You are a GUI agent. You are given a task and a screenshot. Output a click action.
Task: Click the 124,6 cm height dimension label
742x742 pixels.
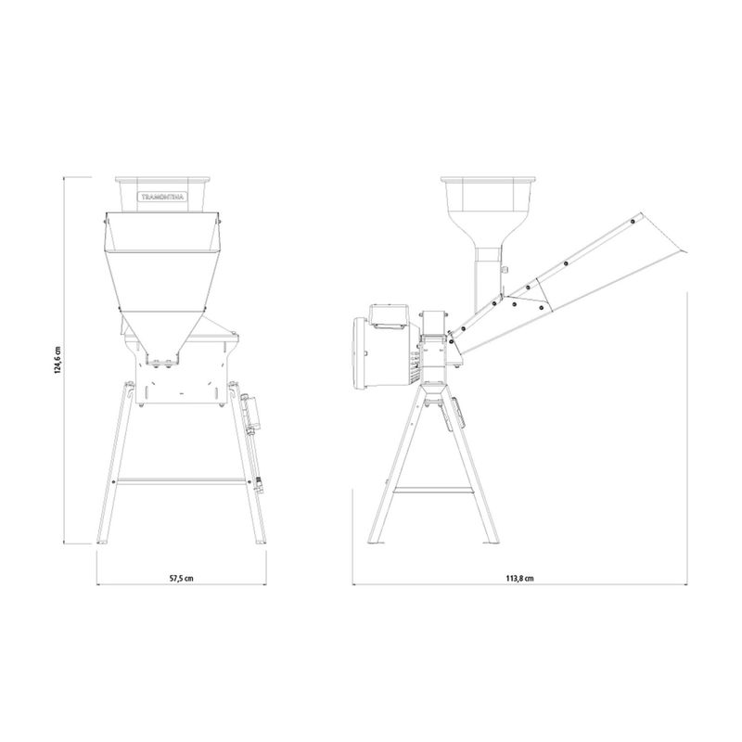58,360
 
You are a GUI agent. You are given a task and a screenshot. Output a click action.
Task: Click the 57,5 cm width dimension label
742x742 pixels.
181,578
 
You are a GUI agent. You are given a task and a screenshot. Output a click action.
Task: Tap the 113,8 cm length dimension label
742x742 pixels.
519,578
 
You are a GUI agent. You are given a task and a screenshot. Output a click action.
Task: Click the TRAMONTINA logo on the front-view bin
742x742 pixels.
163,197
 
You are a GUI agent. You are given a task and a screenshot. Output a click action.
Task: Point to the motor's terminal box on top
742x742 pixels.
389,315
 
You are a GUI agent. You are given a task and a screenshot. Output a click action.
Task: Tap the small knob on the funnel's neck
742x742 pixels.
505,270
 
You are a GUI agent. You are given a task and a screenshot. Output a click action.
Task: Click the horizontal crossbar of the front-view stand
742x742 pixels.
181,480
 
